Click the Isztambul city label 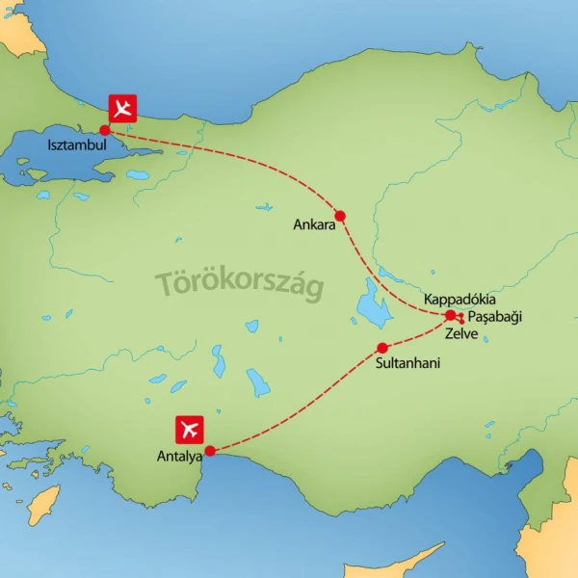[x=76, y=146]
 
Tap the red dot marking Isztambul [x=104, y=129]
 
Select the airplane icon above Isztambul [x=121, y=108]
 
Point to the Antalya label [x=181, y=457]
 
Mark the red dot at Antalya [x=211, y=449]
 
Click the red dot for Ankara [x=339, y=215]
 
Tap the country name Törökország [x=240, y=283]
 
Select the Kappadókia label [x=460, y=300]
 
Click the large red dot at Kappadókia [x=450, y=315]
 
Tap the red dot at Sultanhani [x=382, y=348]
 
